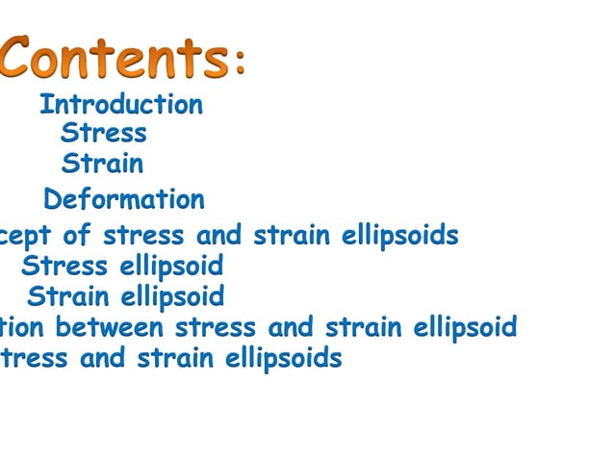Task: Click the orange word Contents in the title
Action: point(114,58)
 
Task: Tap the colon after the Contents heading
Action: point(240,64)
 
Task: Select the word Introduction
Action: point(121,104)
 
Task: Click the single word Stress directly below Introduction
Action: point(103,133)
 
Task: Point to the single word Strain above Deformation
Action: point(102,164)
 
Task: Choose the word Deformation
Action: point(124,200)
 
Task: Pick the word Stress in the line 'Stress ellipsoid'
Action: point(64,266)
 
